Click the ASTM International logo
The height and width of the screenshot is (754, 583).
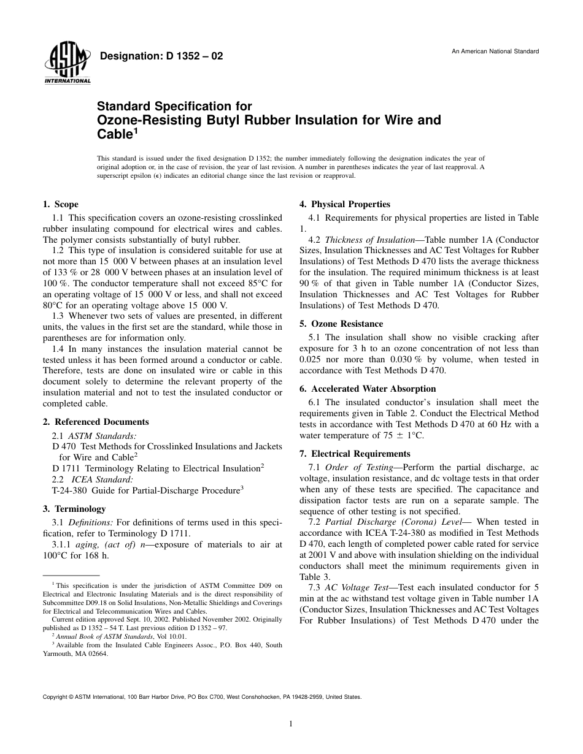pos(67,64)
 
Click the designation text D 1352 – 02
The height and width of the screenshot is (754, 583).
pos(161,56)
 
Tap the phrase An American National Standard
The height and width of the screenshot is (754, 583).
pos(495,51)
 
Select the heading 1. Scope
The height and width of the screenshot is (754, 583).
pos(60,204)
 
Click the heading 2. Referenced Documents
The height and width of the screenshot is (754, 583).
pos(95,422)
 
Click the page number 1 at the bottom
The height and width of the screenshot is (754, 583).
pos(291,724)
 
